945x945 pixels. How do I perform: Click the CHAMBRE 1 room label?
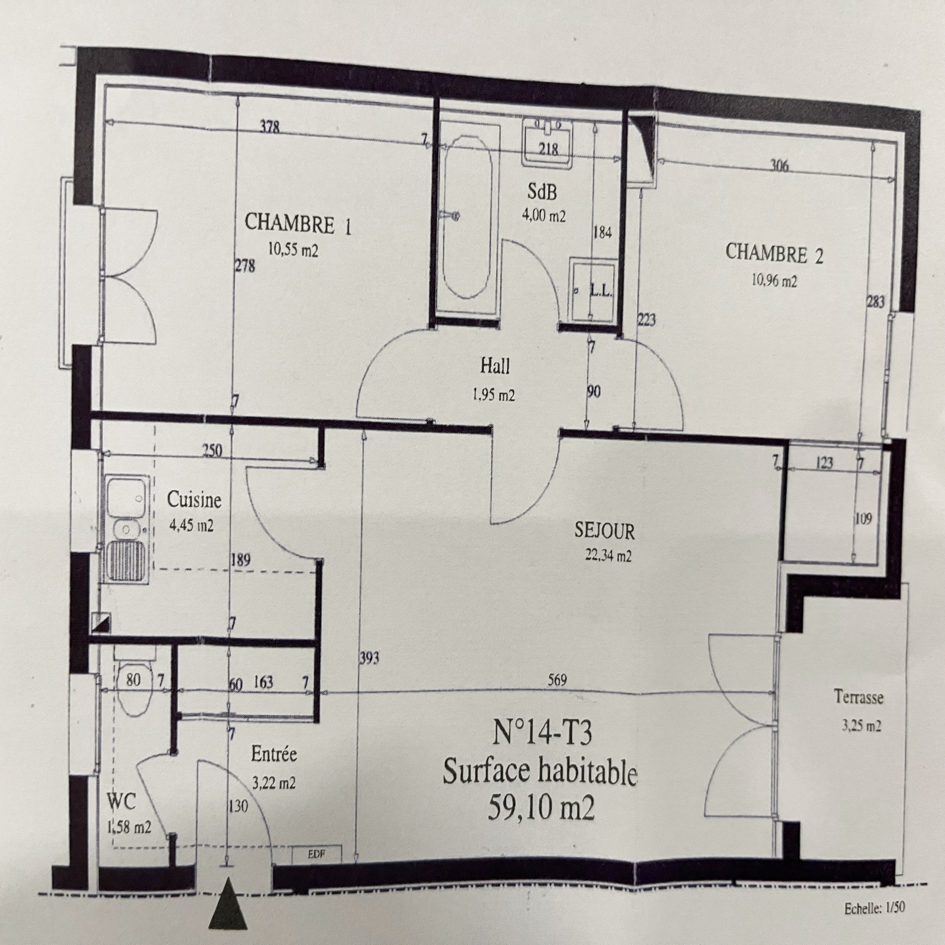tap(298, 224)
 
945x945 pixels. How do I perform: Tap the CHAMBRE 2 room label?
tap(774, 253)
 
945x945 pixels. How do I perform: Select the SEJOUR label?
tap(604, 531)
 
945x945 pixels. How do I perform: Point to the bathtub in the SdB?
tap(468, 225)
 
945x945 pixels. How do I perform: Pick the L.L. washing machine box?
tap(592, 289)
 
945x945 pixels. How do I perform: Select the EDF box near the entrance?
tap(317, 854)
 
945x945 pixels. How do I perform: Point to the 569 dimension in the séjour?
tap(557, 681)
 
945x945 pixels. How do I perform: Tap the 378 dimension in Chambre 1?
tap(269, 126)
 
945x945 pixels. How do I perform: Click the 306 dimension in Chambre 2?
tap(780, 166)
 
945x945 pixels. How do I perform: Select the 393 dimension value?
tap(370, 657)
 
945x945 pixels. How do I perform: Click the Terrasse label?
tap(859, 697)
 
